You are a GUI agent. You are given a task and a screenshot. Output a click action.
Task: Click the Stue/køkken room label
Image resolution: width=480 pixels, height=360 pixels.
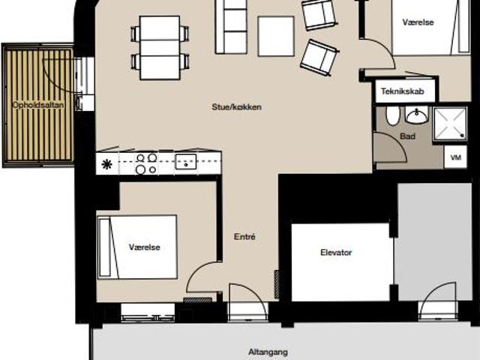237,106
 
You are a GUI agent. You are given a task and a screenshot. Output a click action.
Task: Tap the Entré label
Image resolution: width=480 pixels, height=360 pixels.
244,237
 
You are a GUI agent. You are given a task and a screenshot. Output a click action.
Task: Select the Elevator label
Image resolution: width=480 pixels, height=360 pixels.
336,253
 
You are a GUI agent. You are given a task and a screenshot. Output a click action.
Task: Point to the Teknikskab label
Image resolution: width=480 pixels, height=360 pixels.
402,91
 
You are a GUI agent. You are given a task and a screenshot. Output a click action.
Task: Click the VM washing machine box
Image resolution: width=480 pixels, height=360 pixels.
455,157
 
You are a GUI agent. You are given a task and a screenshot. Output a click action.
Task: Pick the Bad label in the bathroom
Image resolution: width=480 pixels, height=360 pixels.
408,136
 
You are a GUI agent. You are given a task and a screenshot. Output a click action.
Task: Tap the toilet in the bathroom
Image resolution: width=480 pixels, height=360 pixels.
393,116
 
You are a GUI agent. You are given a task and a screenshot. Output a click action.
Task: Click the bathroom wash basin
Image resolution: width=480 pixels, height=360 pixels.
417,115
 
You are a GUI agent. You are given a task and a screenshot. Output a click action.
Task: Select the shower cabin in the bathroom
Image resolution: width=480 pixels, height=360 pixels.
450,124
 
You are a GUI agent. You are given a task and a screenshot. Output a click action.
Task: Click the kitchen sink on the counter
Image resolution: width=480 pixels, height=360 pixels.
186,162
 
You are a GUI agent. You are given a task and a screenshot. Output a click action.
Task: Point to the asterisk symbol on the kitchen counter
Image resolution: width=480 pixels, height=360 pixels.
106,165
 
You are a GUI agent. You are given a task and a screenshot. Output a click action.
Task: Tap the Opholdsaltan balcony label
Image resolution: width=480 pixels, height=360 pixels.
38,105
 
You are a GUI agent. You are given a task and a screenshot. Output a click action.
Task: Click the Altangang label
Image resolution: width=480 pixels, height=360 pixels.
268,352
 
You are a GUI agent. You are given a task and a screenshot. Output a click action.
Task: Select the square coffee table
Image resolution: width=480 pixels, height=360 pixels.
276,37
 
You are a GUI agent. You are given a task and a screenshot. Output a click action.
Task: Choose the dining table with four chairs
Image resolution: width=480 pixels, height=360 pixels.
160,48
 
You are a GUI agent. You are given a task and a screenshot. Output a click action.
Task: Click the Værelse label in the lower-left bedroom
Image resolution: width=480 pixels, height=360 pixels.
145,247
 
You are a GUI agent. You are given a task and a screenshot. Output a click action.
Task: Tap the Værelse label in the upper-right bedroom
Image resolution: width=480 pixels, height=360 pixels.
418,22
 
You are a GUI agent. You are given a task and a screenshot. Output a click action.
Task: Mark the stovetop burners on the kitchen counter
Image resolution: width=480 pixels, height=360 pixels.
146,163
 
